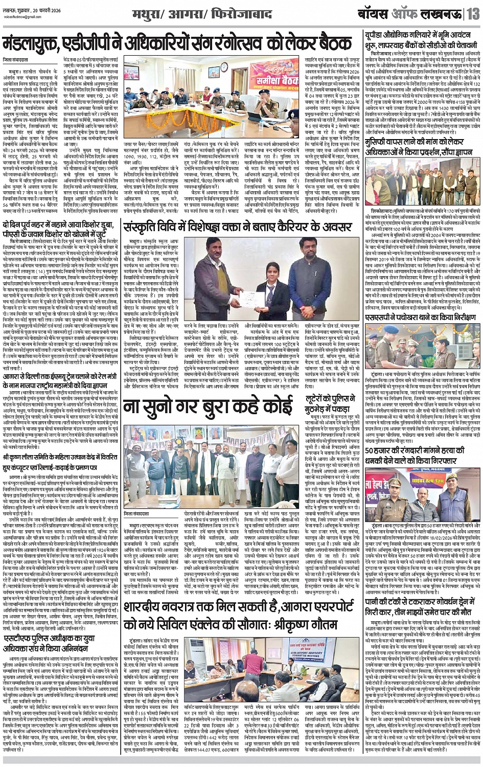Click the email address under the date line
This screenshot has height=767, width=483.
23,16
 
